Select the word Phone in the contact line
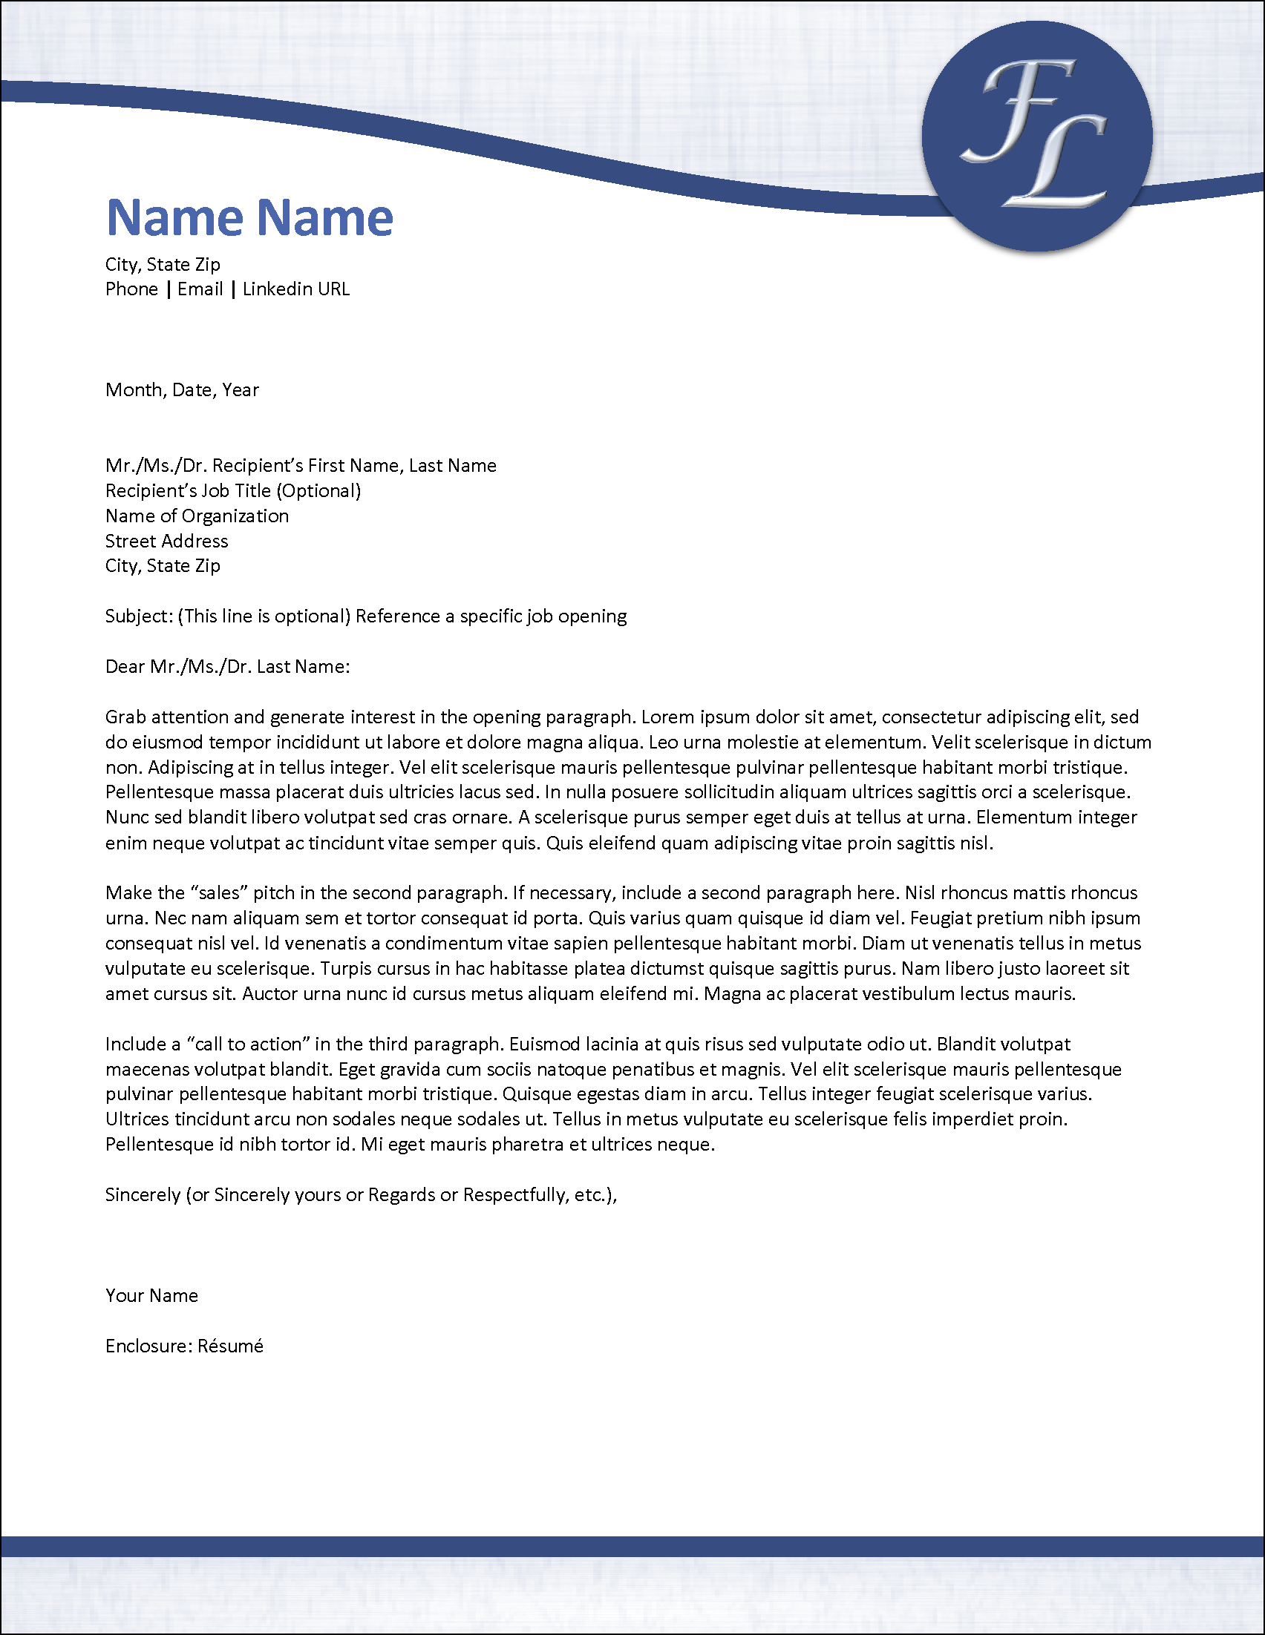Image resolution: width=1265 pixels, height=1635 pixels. pyautogui.click(x=132, y=289)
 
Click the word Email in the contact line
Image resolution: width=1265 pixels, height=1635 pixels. pyautogui.click(x=200, y=289)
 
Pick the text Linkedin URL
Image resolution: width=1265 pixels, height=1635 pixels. pyautogui.click(x=296, y=289)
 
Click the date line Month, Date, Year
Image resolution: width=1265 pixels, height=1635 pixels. pyautogui.click(x=182, y=390)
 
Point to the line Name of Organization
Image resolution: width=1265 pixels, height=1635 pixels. pyautogui.click(x=197, y=516)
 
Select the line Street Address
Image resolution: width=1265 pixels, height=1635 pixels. pyautogui.click(x=166, y=542)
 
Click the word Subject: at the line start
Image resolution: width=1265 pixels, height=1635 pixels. pyautogui.click(x=140, y=616)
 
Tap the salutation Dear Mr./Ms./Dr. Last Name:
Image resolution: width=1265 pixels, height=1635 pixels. pyautogui.click(x=228, y=666)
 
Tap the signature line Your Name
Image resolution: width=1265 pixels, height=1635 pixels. pyautogui.click(x=152, y=1295)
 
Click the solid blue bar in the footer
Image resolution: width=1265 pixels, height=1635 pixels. pyautogui.click(x=632, y=1546)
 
